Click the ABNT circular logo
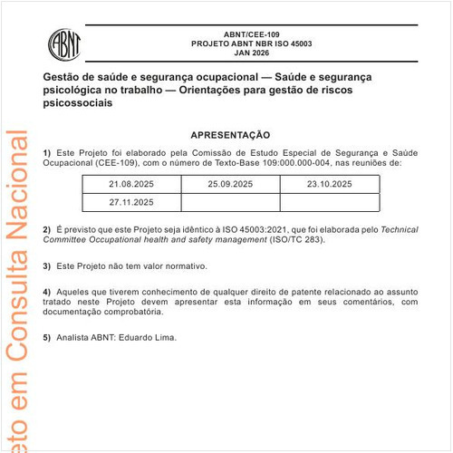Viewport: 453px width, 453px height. [66, 42]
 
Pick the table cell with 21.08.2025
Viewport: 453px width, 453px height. [132, 185]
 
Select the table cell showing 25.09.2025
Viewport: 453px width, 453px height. [230, 185]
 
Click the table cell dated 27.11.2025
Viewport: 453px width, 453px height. [132, 202]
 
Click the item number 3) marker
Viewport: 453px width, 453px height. [46, 266]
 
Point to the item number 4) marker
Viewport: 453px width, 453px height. [46, 292]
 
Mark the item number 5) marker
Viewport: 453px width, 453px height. [46, 337]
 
